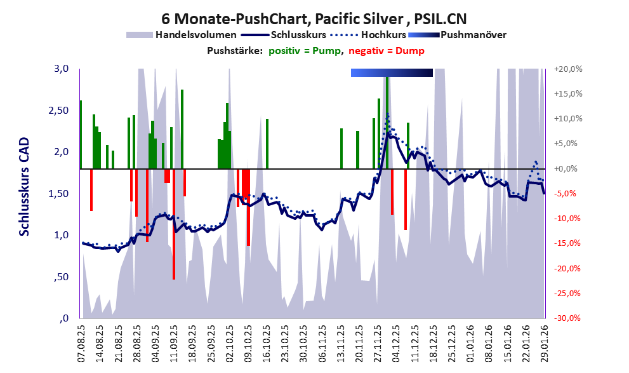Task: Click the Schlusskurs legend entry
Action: (x=298, y=34)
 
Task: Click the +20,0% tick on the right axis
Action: (x=568, y=69)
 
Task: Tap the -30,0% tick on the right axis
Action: (x=568, y=318)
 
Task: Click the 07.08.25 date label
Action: (x=81, y=342)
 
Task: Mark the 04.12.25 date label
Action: (x=396, y=342)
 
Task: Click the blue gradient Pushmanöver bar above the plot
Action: (x=392, y=73)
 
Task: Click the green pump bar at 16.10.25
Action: (x=267, y=144)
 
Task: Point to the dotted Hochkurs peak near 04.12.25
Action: (x=387, y=115)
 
